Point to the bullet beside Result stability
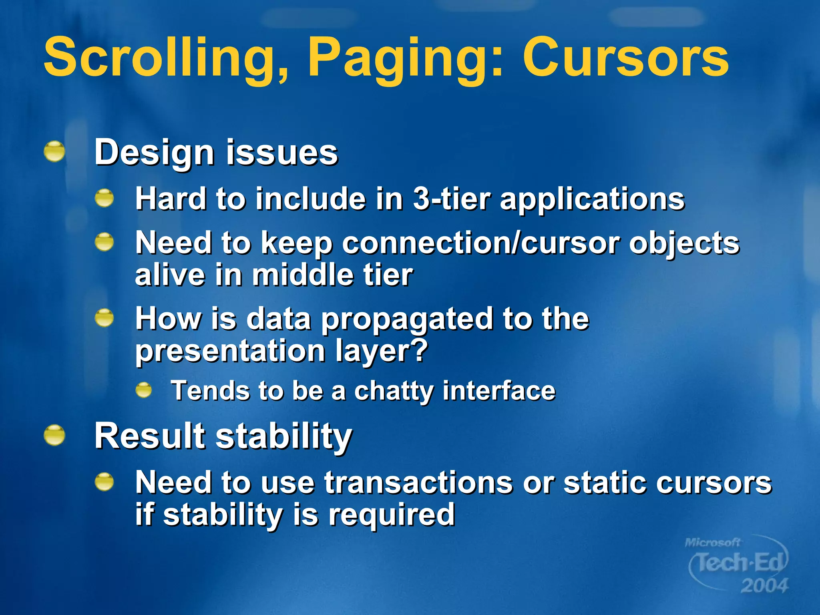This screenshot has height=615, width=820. click(x=54, y=435)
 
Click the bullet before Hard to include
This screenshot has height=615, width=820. click(x=105, y=198)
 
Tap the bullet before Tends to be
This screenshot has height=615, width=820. click(x=144, y=390)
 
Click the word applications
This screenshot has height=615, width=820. click(x=592, y=199)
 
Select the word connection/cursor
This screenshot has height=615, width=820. click(x=480, y=243)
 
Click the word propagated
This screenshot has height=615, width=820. click(x=407, y=320)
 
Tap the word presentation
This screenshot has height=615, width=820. click(x=230, y=351)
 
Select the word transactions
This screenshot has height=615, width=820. click(x=418, y=483)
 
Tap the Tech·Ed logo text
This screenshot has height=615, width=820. click(x=739, y=563)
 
